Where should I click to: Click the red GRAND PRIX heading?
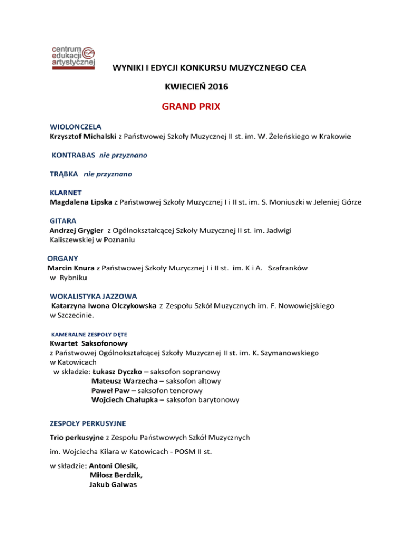click(x=191, y=107)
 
